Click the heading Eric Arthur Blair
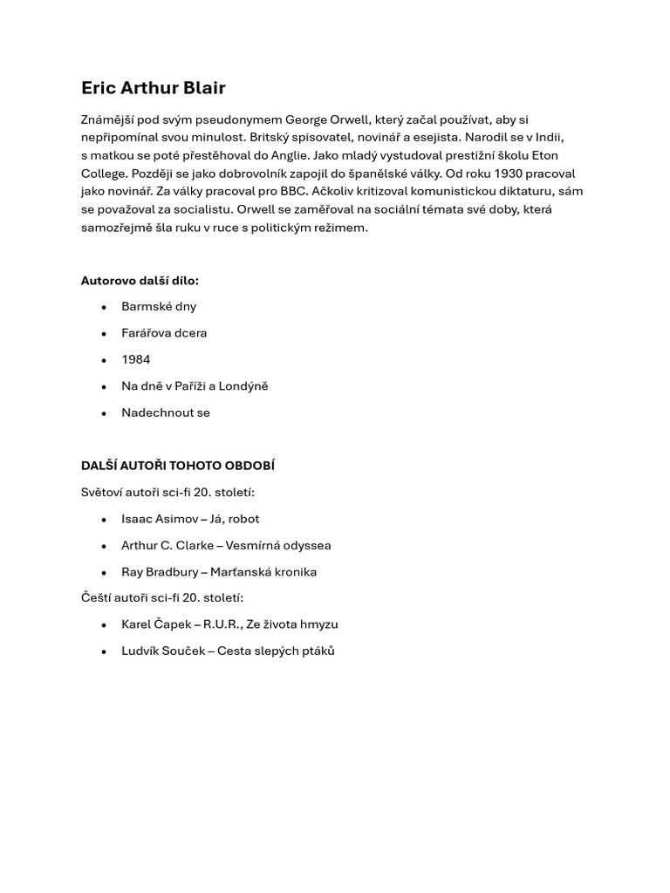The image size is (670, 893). pyautogui.click(x=153, y=88)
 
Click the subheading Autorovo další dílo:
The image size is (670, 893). pyautogui.click(x=140, y=281)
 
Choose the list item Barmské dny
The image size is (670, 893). pyautogui.click(x=159, y=306)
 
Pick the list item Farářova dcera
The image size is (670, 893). pyautogui.click(x=164, y=333)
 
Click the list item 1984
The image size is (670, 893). pyautogui.click(x=136, y=359)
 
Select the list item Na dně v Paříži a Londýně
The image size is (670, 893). pyautogui.click(x=195, y=386)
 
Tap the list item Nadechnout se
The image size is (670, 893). pyautogui.click(x=166, y=412)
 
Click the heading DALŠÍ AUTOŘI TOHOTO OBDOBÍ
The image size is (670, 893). pyautogui.click(x=178, y=466)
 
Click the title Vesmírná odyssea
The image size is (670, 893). pyautogui.click(x=278, y=546)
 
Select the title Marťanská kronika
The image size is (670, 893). pyautogui.click(x=263, y=572)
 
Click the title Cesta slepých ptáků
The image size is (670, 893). pyautogui.click(x=276, y=651)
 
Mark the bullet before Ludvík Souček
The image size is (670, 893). pyautogui.click(x=104, y=651)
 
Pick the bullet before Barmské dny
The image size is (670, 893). pyautogui.click(x=104, y=307)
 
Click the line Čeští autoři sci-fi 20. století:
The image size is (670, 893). pyautogui.click(x=162, y=598)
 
